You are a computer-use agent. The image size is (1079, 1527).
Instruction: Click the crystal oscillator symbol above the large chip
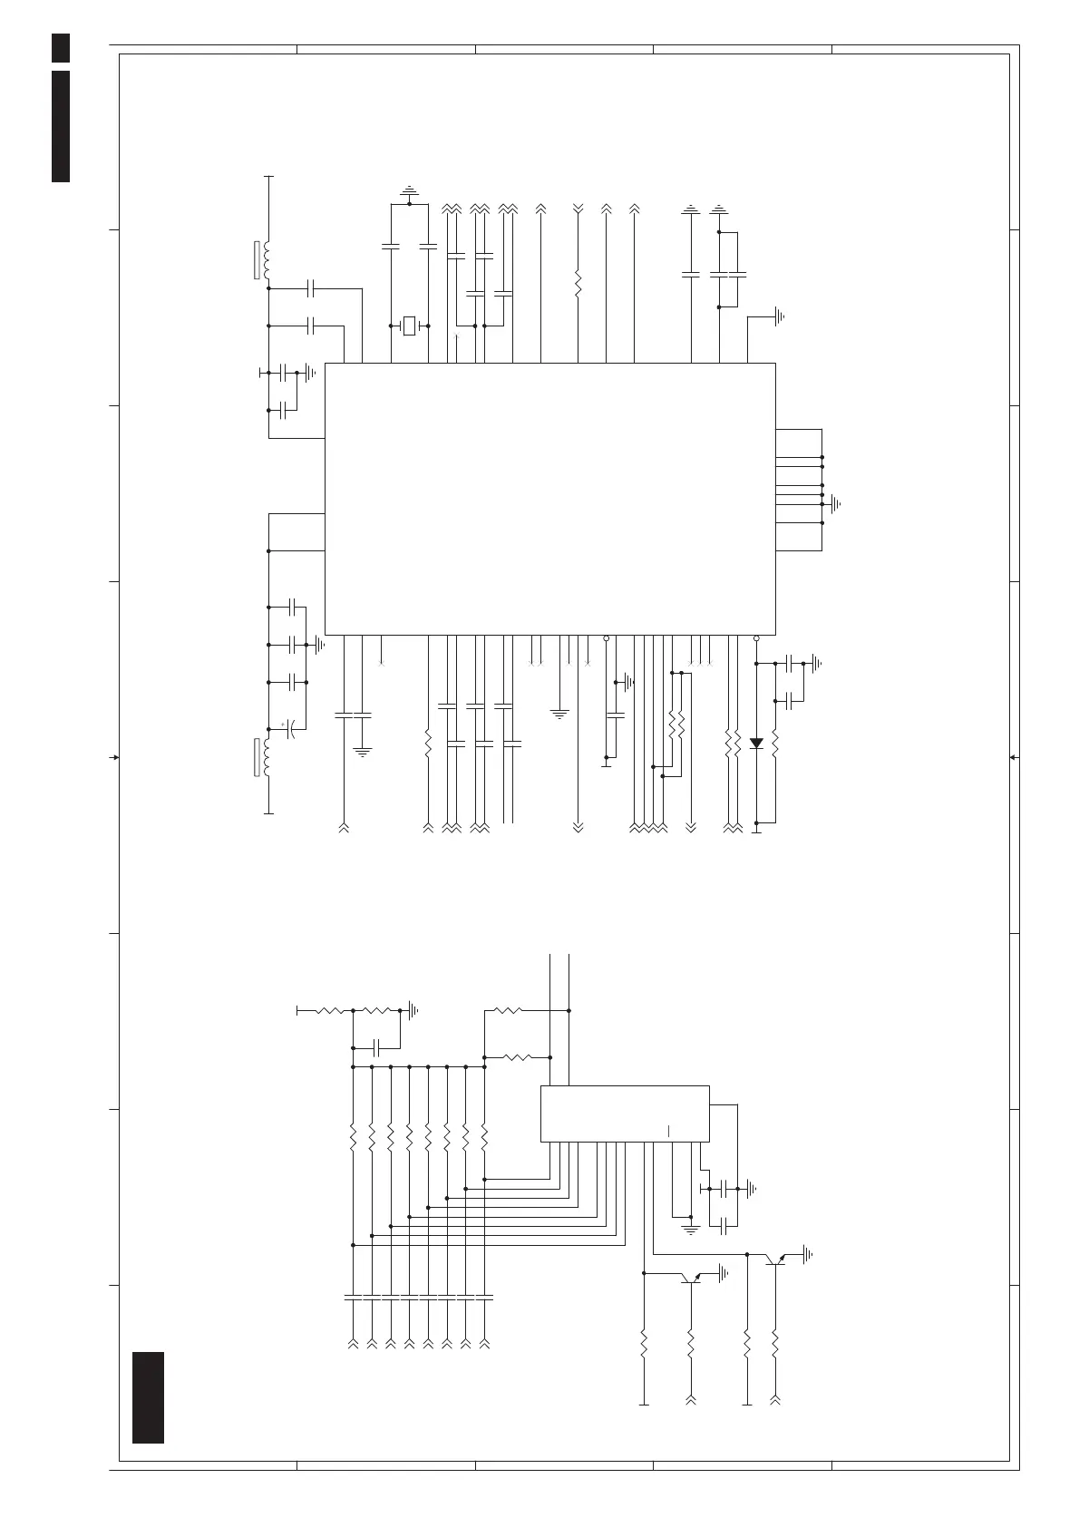point(409,326)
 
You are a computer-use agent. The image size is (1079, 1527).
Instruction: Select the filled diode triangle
point(756,744)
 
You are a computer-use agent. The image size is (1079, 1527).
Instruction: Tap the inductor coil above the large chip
point(267,259)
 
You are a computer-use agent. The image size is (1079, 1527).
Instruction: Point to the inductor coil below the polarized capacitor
point(267,758)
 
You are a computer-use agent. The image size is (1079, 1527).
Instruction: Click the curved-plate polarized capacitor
point(292,729)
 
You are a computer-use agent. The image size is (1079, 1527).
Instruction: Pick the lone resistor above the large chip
point(578,282)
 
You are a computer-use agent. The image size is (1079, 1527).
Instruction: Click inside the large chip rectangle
point(549,499)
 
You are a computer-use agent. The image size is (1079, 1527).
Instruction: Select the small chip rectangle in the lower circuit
point(625,1113)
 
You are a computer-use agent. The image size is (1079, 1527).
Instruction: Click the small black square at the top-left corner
point(61,47)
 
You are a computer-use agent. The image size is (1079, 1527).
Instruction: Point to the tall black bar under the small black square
point(61,125)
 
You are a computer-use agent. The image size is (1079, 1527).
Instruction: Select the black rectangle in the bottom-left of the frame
point(148,1409)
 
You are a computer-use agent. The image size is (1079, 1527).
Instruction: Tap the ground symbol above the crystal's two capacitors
point(409,191)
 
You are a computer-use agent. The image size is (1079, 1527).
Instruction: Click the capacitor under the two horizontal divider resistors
point(374,1048)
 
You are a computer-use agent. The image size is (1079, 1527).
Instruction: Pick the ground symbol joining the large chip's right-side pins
point(835,503)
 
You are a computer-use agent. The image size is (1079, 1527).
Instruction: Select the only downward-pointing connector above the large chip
point(578,209)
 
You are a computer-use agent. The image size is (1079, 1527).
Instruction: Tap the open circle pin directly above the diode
point(756,638)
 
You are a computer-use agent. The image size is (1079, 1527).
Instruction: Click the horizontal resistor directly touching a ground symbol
point(382,1009)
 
